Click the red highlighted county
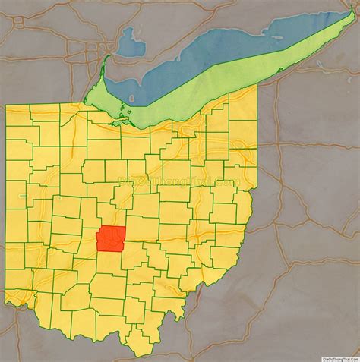pos(111,239)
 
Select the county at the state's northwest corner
pos(18,116)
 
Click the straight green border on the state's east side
pos(256,137)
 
